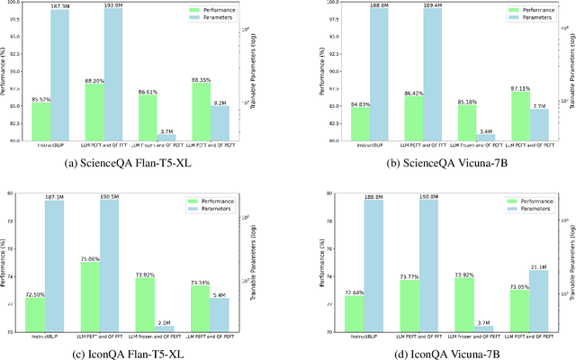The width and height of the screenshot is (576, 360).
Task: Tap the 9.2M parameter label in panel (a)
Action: [220, 103]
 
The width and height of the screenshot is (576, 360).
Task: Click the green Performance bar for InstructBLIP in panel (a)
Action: [40, 121]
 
